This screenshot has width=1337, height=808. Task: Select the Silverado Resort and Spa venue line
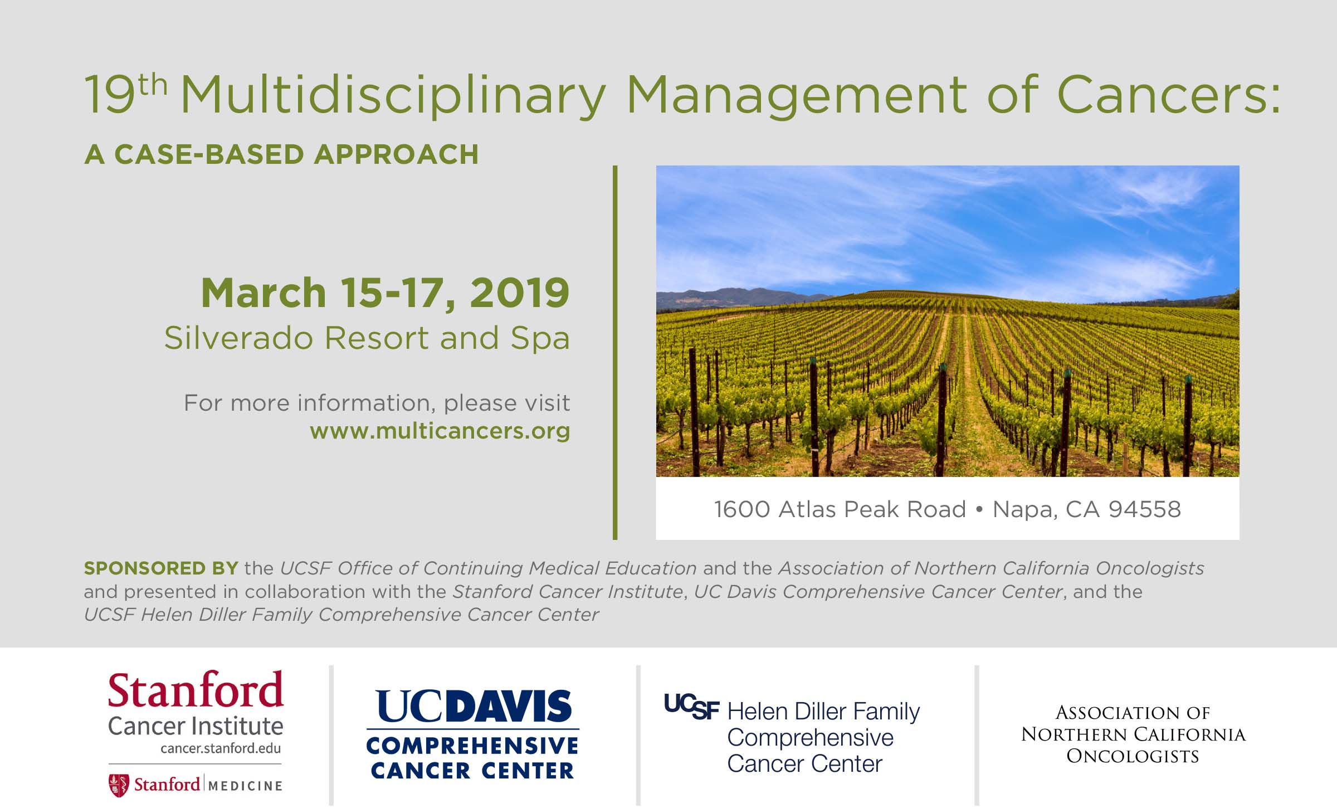pyautogui.click(x=367, y=338)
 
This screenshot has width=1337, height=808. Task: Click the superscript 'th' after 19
pyautogui.click(x=153, y=87)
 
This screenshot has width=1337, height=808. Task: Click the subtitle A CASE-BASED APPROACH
pyautogui.click(x=281, y=154)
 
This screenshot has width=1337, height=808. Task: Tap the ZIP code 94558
pyautogui.click(x=1145, y=509)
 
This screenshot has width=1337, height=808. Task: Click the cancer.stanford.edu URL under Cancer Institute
pyautogui.click(x=221, y=748)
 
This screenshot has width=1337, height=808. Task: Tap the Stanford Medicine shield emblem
pyautogui.click(x=118, y=785)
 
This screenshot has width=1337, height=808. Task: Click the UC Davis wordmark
pyautogui.click(x=474, y=707)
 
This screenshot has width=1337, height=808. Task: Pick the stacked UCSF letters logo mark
pyautogui.click(x=691, y=707)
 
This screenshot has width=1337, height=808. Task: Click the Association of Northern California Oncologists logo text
pyautogui.click(x=1133, y=734)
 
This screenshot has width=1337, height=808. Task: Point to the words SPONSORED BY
pyautogui.click(x=161, y=568)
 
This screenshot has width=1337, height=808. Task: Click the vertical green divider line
pyautogui.click(x=615, y=352)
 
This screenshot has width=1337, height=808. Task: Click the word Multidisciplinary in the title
pyautogui.click(x=393, y=96)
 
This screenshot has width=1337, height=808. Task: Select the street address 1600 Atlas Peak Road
pyautogui.click(x=840, y=509)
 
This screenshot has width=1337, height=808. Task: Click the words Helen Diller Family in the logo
pyautogui.click(x=823, y=712)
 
